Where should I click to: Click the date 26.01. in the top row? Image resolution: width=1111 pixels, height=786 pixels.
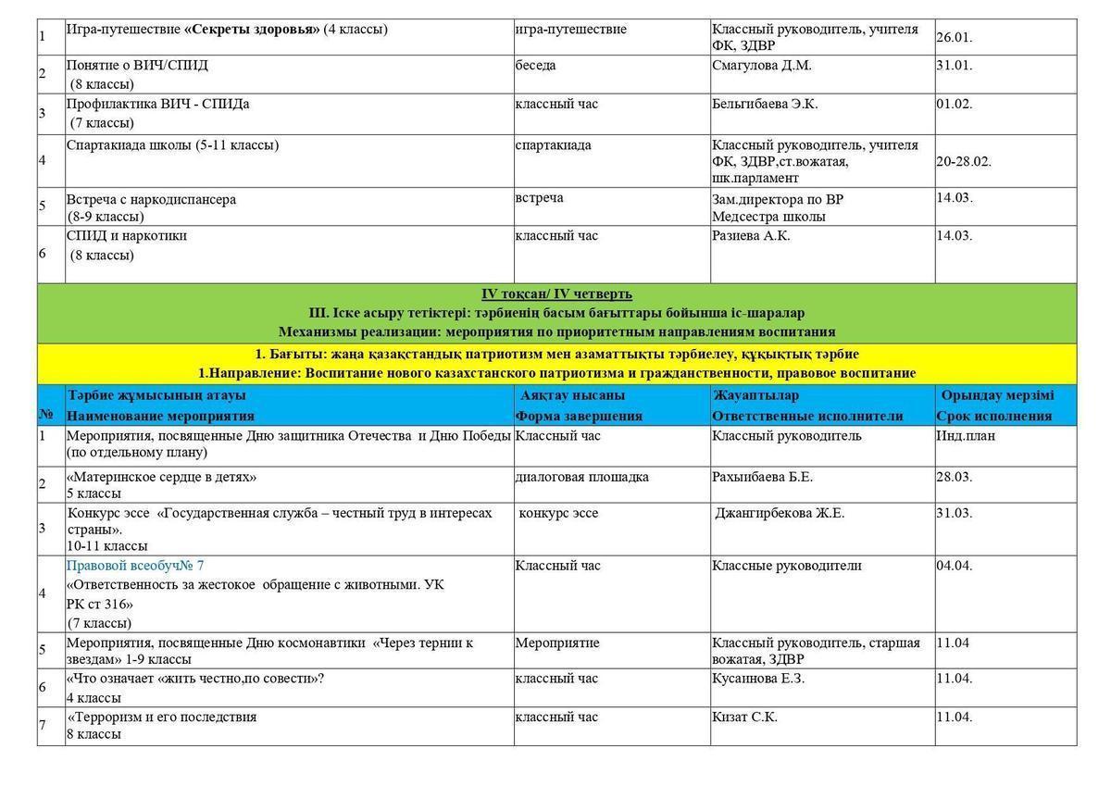tap(954, 38)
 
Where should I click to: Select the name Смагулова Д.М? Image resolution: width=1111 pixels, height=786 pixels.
tap(761, 66)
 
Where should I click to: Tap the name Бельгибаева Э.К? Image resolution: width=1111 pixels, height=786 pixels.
tap(765, 104)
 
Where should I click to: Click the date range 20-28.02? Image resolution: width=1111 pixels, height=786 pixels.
tap(963, 161)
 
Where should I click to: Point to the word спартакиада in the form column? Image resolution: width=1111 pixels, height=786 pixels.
tap(553, 144)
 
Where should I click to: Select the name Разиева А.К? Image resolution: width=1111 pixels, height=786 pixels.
tap(751, 236)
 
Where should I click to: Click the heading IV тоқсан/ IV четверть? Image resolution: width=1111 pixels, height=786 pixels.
tap(556, 293)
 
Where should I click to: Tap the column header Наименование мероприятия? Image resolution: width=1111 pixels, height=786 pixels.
tap(160, 416)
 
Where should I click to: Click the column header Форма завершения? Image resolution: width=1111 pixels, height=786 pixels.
tap(579, 416)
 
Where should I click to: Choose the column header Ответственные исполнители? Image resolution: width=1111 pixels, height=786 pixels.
tap(807, 416)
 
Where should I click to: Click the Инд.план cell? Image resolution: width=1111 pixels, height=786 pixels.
tap(966, 435)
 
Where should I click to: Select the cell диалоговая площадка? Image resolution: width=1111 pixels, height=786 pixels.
tap(581, 477)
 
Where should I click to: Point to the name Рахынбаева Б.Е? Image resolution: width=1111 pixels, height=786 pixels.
tap(762, 477)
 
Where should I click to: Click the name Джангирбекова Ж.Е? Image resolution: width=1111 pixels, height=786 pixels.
tap(780, 513)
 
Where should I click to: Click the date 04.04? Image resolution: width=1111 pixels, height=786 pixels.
tap(954, 566)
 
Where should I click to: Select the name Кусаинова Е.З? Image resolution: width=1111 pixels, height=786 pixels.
tap(758, 679)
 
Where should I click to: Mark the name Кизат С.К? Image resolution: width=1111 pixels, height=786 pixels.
tap(744, 717)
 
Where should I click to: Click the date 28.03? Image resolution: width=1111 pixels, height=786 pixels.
tap(954, 477)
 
